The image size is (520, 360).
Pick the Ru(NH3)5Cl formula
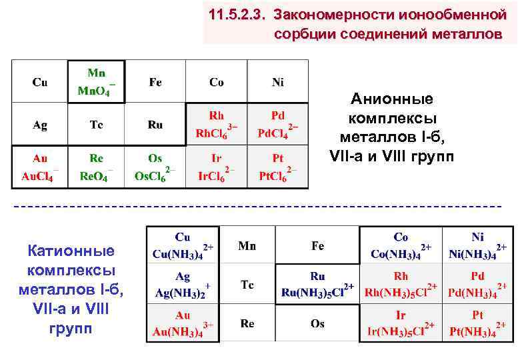pos(317,292)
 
